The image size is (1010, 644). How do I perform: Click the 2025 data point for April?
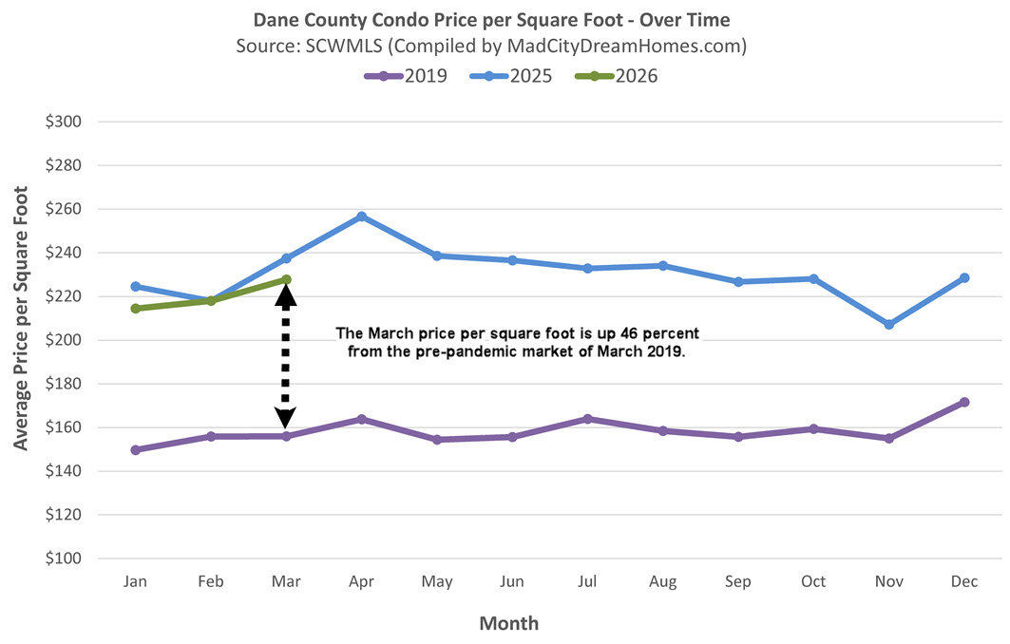click(x=361, y=217)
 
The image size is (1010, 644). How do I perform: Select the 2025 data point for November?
click(x=888, y=325)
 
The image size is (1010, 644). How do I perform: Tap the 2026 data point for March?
click(x=286, y=280)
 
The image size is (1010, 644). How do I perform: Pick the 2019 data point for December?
click(x=964, y=402)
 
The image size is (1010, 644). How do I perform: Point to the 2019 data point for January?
click(x=135, y=450)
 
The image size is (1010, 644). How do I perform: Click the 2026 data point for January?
click(x=135, y=309)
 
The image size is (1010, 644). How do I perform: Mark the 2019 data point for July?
click(x=587, y=419)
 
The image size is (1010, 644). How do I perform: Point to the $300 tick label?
click(x=65, y=122)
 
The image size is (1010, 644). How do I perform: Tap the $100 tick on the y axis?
click(x=65, y=559)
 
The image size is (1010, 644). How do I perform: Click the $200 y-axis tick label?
click(x=65, y=340)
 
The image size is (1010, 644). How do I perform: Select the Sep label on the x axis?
click(x=737, y=581)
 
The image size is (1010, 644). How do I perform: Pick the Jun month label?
click(x=511, y=581)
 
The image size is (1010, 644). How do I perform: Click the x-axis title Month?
click(x=508, y=624)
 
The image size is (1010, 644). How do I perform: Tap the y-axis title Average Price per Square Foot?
click(x=21, y=318)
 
